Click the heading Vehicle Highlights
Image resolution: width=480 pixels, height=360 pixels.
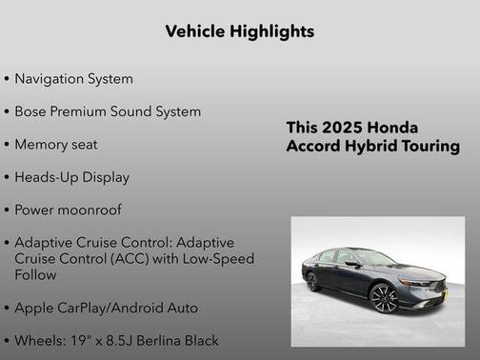tap(239, 31)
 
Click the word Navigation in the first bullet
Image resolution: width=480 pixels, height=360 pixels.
tap(49, 79)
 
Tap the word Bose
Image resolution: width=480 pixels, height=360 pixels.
tap(31, 111)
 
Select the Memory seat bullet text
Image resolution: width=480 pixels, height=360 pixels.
tap(55, 145)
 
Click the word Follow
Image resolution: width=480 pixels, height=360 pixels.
tap(35, 274)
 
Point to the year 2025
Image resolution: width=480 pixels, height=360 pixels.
tap(343, 128)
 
